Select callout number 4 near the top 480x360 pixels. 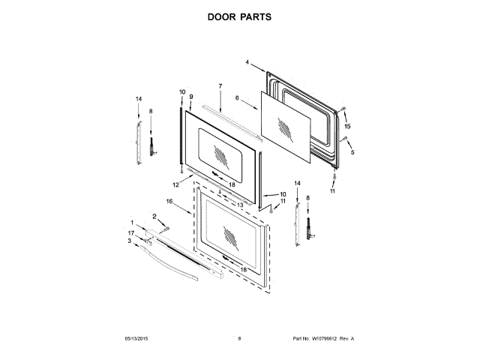click(x=247, y=64)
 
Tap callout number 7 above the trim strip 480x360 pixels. click(x=220, y=87)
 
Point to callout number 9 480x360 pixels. click(x=191, y=97)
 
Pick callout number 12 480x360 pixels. click(x=176, y=184)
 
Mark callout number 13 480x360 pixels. click(x=241, y=203)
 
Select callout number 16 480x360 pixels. click(x=169, y=201)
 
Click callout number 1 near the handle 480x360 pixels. click(x=133, y=223)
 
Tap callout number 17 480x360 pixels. click(x=130, y=233)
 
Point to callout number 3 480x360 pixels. click(x=130, y=241)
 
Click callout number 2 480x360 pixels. click(x=155, y=216)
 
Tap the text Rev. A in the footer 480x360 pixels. click(x=347, y=339)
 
